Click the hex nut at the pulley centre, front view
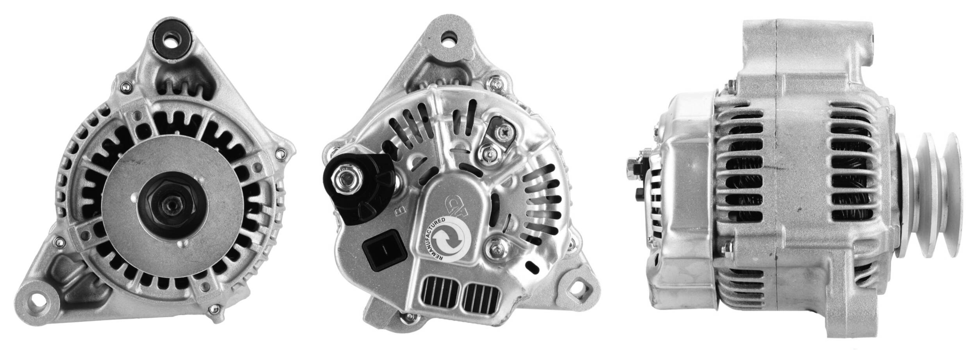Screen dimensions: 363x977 click(171, 202)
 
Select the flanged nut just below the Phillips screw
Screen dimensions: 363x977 click(487, 154)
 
